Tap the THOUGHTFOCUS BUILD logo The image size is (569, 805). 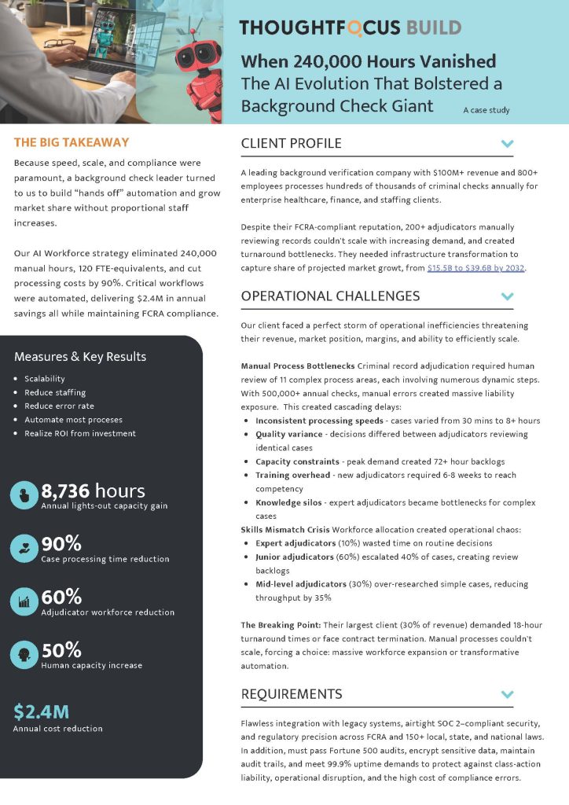350,28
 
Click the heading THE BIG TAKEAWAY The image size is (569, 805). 72,143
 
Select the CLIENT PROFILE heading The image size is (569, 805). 291,143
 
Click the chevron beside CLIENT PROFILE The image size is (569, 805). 508,144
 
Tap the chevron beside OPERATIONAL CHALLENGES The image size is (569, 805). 508,296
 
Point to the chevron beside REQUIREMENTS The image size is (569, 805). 508,694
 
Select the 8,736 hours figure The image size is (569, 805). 93,491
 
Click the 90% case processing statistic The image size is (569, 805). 61,543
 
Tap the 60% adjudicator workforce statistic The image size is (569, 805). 61,597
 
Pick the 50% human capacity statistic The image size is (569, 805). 61,650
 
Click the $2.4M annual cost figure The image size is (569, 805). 41,711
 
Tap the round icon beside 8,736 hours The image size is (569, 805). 23,495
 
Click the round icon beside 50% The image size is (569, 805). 23,654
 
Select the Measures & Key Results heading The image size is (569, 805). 80,356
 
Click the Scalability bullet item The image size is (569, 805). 44,379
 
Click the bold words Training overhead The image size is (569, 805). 292,476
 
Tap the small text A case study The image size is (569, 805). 486,110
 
